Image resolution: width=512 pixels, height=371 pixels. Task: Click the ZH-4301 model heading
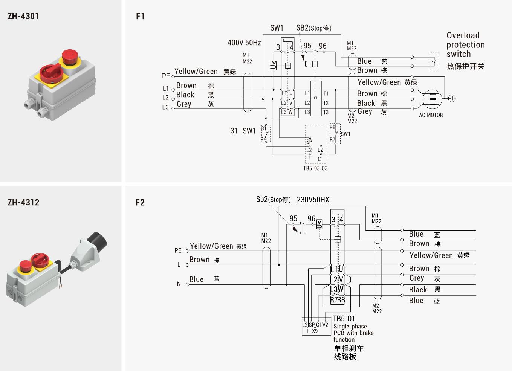(x=23, y=16)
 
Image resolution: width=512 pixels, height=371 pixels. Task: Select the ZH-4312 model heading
(x=23, y=202)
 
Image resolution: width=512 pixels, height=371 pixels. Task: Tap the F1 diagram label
(x=140, y=16)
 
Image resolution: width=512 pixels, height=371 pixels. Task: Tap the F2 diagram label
(x=140, y=203)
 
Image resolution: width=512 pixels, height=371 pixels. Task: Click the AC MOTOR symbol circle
(x=432, y=99)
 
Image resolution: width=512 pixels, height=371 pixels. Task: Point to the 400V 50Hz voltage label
(x=244, y=43)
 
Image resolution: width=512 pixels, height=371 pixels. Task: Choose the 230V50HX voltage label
(x=313, y=200)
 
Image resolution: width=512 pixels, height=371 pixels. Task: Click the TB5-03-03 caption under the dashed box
(x=315, y=168)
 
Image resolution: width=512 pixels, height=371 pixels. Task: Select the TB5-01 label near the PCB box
(x=344, y=319)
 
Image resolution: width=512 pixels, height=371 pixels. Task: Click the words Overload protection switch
(x=465, y=45)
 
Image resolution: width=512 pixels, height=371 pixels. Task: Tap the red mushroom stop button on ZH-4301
(x=70, y=57)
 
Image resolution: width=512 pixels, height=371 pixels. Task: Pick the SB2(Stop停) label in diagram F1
(x=313, y=28)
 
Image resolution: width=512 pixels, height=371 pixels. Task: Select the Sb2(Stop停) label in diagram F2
(x=273, y=199)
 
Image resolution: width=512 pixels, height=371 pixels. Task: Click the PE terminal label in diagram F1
(x=166, y=76)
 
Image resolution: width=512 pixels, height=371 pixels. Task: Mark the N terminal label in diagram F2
(x=179, y=284)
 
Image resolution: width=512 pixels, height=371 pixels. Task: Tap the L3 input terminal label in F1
(x=165, y=107)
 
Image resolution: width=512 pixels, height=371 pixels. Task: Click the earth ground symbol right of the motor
(x=452, y=98)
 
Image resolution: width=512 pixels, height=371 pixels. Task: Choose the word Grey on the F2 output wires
(x=417, y=278)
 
